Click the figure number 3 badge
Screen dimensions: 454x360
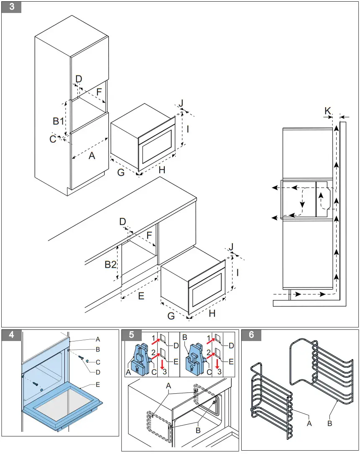pyautogui.click(x=12, y=8)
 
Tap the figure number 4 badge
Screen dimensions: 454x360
pyautogui.click(x=12, y=335)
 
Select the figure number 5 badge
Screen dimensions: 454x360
pyautogui.click(x=132, y=335)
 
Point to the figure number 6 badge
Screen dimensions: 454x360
pyautogui.click(x=251, y=335)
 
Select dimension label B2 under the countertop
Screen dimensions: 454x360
pyautogui.click(x=110, y=264)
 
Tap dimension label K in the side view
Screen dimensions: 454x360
pyautogui.click(x=328, y=111)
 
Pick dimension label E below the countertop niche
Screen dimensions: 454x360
pyautogui.click(x=141, y=296)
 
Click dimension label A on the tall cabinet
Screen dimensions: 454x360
pyautogui.click(x=92, y=156)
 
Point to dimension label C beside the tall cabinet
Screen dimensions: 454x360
pyautogui.click(x=53, y=139)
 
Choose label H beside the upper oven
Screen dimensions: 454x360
pyautogui.click(x=162, y=170)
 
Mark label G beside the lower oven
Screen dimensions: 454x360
pyautogui.click(x=171, y=316)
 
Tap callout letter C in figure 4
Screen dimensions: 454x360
pyautogui.click(x=98, y=362)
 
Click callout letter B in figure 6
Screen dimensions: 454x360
pyautogui.click(x=329, y=423)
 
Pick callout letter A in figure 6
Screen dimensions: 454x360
pyautogui.click(x=309, y=423)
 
